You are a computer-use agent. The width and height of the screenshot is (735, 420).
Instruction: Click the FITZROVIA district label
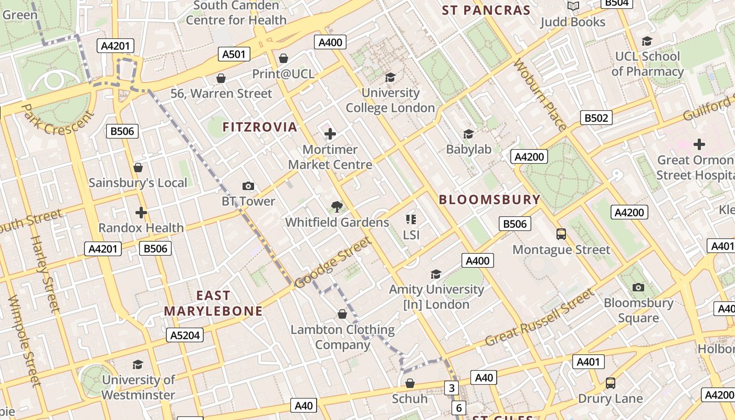coord(260,127)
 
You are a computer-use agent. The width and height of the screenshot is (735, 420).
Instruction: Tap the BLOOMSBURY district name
coord(489,199)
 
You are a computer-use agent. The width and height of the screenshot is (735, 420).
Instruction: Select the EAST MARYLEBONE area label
coord(213,303)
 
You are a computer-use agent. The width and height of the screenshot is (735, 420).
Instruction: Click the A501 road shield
coord(234,54)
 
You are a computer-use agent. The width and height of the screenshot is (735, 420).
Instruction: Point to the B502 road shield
coord(596,118)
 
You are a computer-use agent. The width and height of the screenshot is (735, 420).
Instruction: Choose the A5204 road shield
coord(185,335)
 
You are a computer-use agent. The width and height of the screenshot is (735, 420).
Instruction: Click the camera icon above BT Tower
coord(248,186)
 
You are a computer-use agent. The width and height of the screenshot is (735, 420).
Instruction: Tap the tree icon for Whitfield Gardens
coord(337,207)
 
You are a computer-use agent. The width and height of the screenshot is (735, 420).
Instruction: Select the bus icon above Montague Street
coord(561,234)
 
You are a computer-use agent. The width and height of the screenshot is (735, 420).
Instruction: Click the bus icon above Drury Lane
coord(610,383)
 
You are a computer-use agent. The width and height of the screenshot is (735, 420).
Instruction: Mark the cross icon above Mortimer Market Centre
coord(330,134)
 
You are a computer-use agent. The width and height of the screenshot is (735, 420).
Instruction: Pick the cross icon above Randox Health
coord(141,213)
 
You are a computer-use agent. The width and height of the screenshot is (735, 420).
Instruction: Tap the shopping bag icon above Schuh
coord(410,383)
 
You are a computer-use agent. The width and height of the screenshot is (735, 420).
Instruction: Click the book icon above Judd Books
coord(573,6)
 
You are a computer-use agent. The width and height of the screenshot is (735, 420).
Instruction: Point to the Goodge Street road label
coord(333,262)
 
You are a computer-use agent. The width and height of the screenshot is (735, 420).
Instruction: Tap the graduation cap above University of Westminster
coord(138,364)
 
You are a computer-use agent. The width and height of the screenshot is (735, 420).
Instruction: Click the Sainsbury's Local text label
coord(138,183)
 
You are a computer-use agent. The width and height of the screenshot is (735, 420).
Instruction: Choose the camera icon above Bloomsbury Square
coord(638,287)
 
